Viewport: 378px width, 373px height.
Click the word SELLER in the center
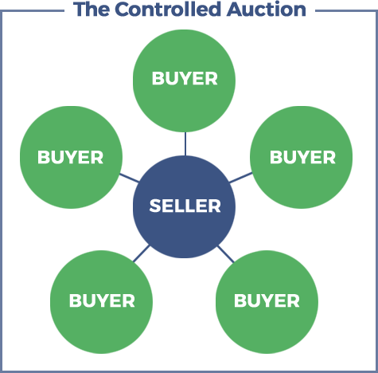pos(185,206)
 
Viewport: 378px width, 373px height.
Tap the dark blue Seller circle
pos(184,206)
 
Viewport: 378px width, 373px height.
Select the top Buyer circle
pos(184,80)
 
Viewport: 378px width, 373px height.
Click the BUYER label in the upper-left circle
pos(70,157)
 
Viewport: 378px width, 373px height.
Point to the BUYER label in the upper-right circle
pos(302,157)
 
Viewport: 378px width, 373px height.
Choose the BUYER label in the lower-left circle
pos(102,300)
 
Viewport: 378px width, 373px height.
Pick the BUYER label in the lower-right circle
pos(267,300)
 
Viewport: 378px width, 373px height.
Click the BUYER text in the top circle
pos(185,79)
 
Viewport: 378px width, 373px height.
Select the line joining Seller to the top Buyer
pos(185,143)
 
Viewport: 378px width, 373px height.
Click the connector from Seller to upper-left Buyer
pos(129,178)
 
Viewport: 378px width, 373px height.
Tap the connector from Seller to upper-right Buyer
pos(241,178)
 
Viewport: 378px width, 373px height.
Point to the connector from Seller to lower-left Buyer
pos(142,253)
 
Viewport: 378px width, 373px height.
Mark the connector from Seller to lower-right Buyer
pos(226,254)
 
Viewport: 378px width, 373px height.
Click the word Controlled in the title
pos(168,10)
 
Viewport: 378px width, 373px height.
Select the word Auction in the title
pos(267,10)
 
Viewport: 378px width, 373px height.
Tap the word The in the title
pos(92,10)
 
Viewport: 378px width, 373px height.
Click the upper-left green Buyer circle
pos(71,157)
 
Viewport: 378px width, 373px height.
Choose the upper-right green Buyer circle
pos(302,157)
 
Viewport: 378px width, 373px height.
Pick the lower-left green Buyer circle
pos(101,302)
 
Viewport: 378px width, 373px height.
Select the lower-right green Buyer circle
pos(267,302)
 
